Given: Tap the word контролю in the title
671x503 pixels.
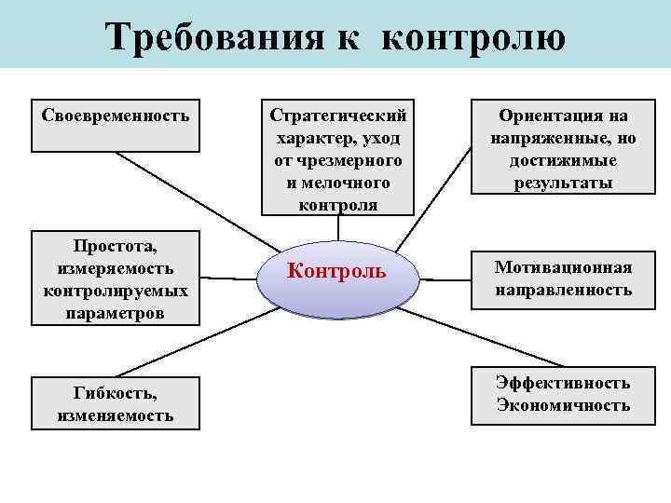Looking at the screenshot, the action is coord(473,37).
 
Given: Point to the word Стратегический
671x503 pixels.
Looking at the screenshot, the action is coord(337,116).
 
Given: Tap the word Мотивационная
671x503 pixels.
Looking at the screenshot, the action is coord(563,268).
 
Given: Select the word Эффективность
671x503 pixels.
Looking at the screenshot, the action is coord(563,383).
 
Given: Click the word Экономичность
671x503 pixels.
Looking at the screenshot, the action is coord(563,405).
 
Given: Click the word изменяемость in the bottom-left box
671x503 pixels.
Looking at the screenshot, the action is coord(116,415).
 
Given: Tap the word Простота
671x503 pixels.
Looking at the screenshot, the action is coord(116,246).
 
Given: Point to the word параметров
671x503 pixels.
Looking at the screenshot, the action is coord(116,313).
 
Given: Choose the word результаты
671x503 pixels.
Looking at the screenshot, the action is coord(563,183).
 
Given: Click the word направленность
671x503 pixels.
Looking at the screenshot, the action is coord(563,291).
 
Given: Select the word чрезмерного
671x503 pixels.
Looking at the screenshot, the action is coord(337,161).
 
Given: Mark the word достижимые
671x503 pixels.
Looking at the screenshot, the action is coord(563,161).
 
